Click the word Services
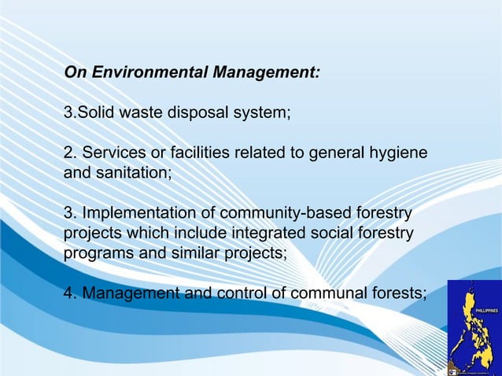113,152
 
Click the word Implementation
138,214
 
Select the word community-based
283,214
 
